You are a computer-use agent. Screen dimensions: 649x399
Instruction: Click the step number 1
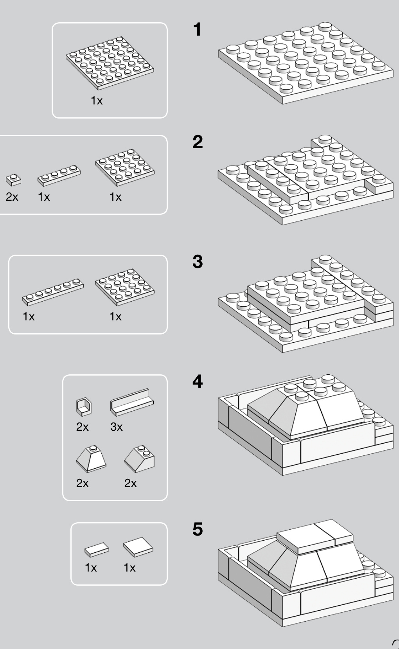pos(198,30)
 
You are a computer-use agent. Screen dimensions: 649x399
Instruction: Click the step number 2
pos(198,142)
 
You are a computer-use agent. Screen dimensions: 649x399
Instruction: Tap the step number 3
pos(198,261)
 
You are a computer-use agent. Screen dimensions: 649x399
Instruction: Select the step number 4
pos(198,381)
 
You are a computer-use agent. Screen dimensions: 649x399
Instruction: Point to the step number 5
pos(198,529)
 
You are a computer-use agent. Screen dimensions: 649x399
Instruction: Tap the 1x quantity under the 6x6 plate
pos(97,101)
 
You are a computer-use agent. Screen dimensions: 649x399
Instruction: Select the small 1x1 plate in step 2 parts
pos(13,180)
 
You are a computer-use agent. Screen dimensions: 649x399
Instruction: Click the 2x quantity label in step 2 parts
pos(12,197)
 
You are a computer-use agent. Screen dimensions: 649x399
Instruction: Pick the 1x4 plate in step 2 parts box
pos(59,175)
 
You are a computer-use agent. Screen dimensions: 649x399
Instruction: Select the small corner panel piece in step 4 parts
pos(84,406)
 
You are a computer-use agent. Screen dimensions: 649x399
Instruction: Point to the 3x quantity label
pos(116,427)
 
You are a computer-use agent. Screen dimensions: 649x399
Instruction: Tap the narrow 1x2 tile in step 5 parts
pos(97,549)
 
